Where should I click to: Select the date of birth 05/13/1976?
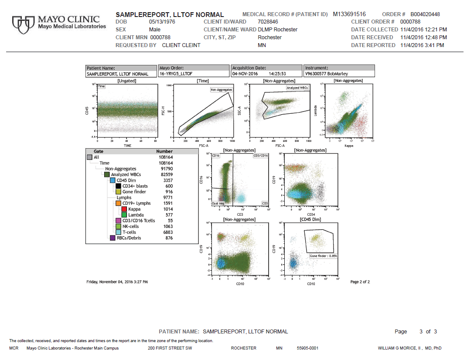pos(162,22)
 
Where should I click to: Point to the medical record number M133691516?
pos(349,14)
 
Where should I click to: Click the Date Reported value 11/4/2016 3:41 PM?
pos(422,45)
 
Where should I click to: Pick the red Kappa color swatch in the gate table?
pos(124,209)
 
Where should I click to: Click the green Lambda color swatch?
pos(124,215)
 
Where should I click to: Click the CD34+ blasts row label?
pos(135,186)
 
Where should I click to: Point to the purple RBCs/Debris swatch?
pos(112,238)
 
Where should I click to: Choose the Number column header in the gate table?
pos(164,152)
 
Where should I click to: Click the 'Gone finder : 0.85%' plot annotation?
pos(323,256)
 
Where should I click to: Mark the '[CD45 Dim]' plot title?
pos(310,219)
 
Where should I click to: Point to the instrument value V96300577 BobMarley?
pos(327,74)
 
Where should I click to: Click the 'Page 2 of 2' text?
pos(360,282)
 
